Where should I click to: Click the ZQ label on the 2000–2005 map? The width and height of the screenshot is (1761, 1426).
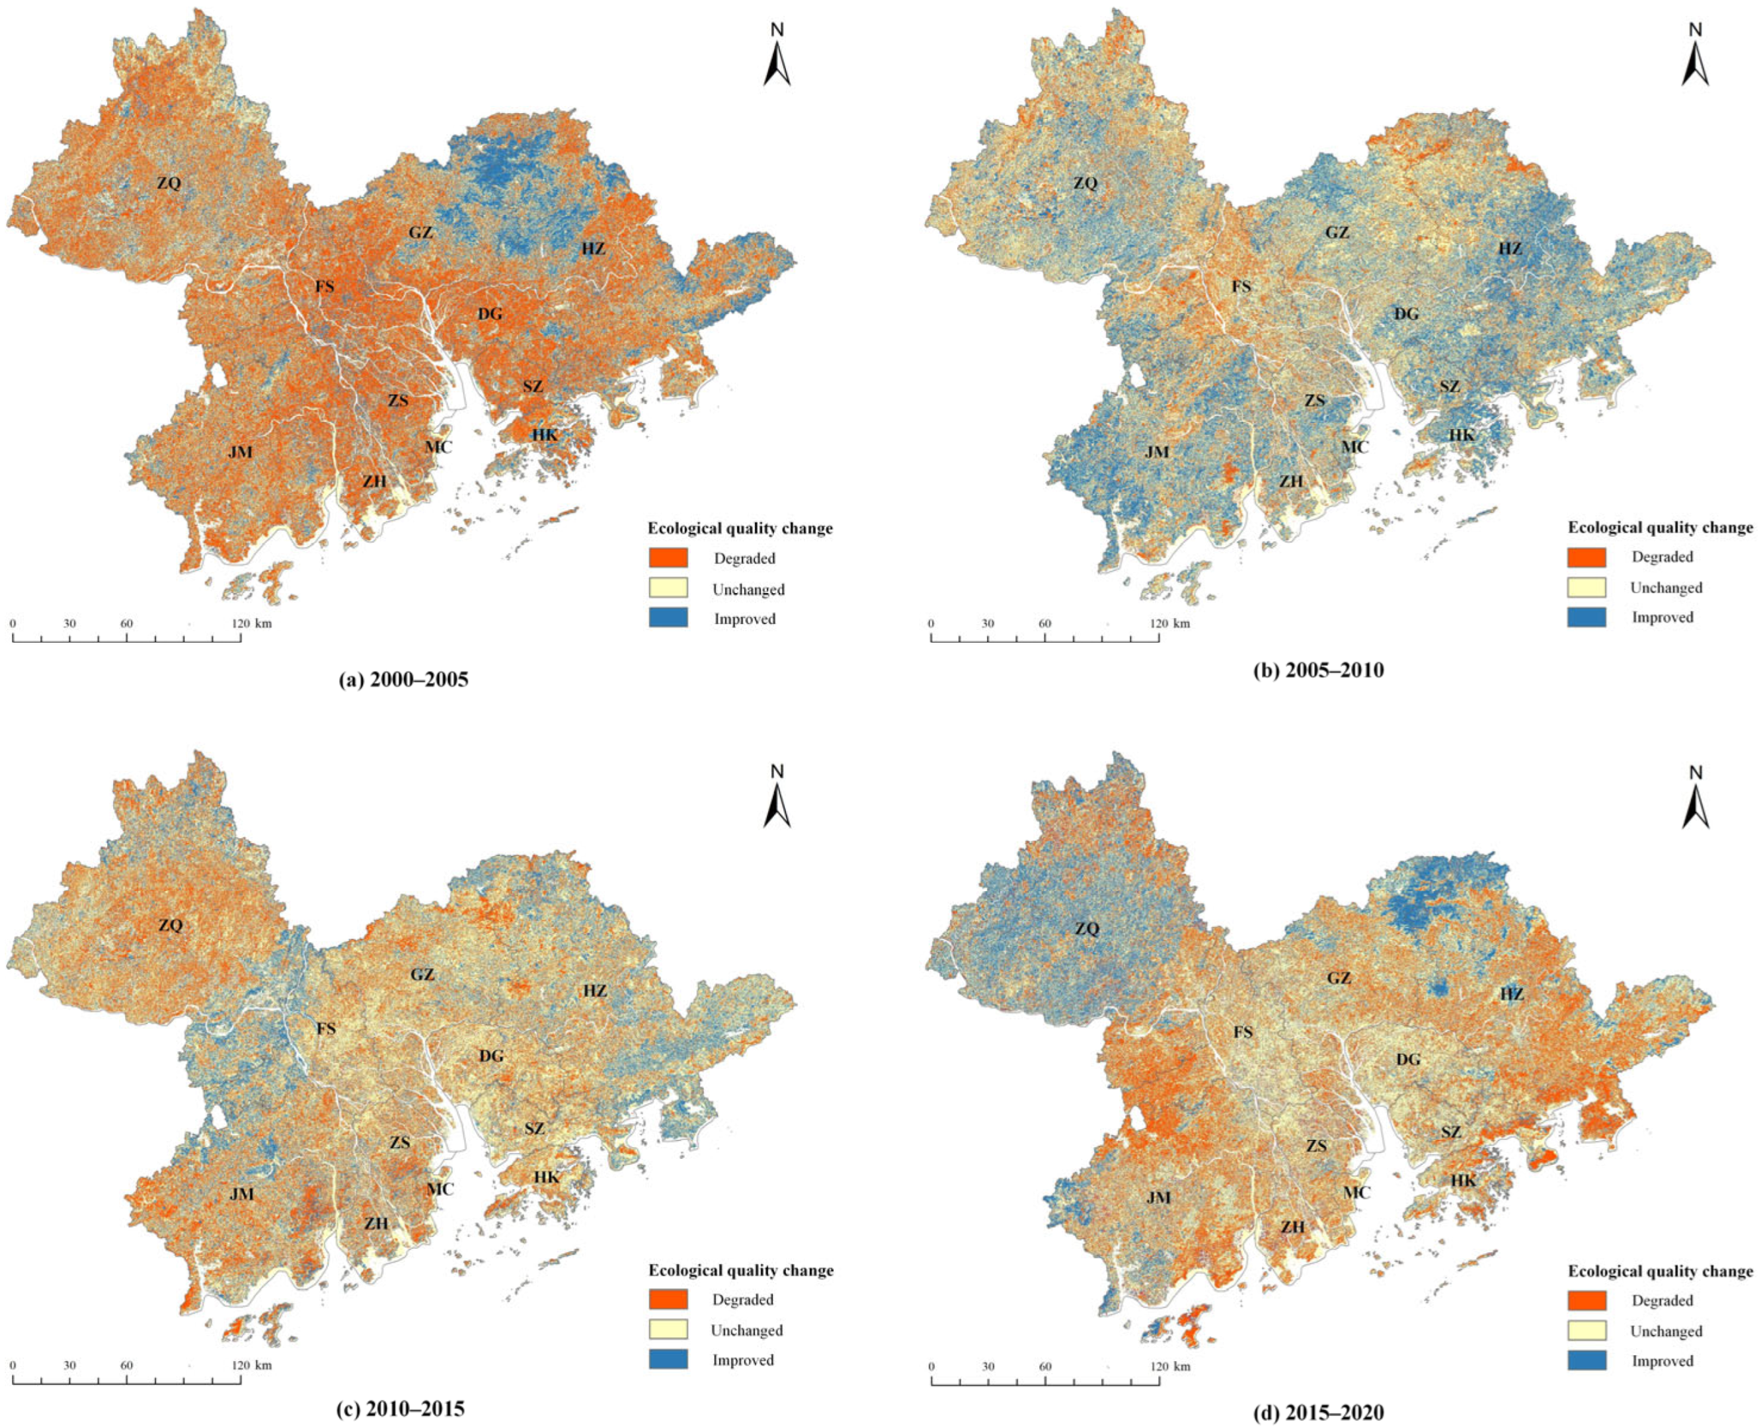[169, 183]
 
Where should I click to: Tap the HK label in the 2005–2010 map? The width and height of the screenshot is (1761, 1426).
[1461, 434]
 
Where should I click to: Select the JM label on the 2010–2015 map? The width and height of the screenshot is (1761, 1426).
[241, 1193]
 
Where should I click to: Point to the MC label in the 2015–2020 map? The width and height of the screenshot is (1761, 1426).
[1356, 1192]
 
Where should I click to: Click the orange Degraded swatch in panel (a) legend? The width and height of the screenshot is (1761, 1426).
[668, 558]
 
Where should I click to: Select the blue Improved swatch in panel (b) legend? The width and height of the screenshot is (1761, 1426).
[1586, 617]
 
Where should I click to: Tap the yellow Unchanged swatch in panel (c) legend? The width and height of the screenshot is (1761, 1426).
[668, 1330]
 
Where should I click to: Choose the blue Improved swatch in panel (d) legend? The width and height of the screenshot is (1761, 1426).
[1586, 1361]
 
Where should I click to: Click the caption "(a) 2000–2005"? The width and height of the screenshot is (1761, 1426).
[403, 680]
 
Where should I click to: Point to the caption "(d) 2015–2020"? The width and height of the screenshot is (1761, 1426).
[1318, 1413]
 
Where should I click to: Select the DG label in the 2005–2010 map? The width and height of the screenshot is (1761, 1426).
[1406, 314]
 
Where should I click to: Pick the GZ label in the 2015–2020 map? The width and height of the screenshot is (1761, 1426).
[1339, 978]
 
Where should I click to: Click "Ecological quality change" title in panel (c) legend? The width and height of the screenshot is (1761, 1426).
[741, 1270]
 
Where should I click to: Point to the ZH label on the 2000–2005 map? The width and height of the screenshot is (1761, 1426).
[375, 481]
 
